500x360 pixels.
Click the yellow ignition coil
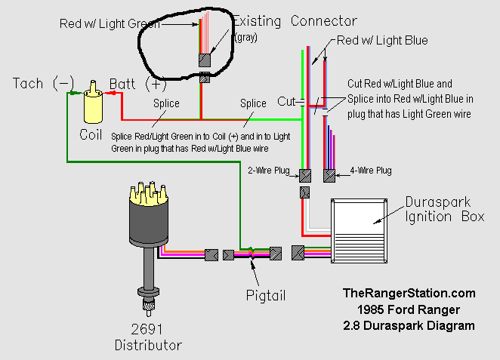pyautogui.click(x=94, y=106)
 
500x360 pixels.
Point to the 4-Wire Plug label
pyautogui.click(x=370, y=171)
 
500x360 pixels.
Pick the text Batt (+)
pyautogui.click(x=137, y=83)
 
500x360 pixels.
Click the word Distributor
pyautogui.click(x=148, y=346)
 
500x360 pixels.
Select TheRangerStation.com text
pyautogui.click(x=409, y=293)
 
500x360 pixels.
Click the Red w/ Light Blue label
pyautogui.click(x=382, y=40)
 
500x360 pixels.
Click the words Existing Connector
pyautogui.click(x=295, y=21)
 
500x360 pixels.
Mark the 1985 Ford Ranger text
pyautogui.click(x=409, y=309)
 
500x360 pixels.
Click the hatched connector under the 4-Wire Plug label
pyautogui.click(x=329, y=176)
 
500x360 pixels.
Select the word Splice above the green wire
pyautogui.click(x=253, y=103)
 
